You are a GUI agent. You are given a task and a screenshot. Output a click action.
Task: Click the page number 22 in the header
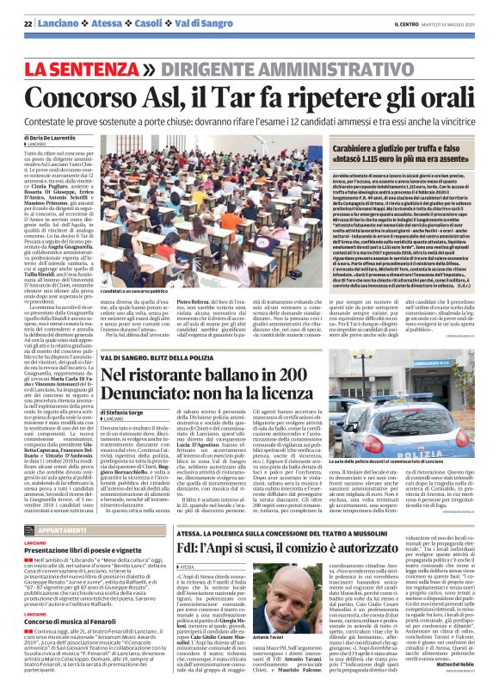tap(28, 22)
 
